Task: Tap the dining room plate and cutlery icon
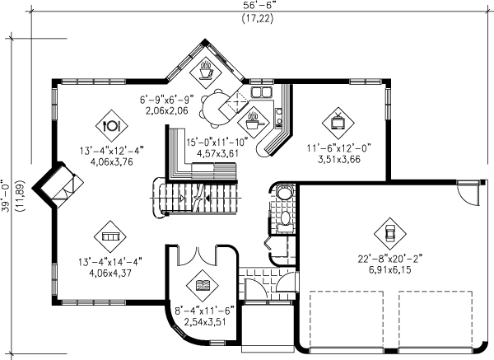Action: [x=111, y=126]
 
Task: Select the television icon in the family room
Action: [x=338, y=122]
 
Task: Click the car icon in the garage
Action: [x=390, y=233]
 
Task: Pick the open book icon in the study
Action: [x=202, y=286]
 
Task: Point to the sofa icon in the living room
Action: [x=110, y=236]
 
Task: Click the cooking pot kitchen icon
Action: [x=253, y=122]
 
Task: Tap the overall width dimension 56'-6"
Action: [x=258, y=6]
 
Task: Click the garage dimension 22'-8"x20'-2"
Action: [x=390, y=259]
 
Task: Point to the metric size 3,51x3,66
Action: [x=339, y=159]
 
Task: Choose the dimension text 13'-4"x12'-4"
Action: [x=111, y=151]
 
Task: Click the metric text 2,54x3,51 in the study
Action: [x=205, y=322]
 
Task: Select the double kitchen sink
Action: [x=261, y=92]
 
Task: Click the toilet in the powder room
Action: [x=286, y=219]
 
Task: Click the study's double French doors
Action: [x=197, y=256]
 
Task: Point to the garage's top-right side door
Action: [x=468, y=194]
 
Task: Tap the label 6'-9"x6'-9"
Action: [x=166, y=100]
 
